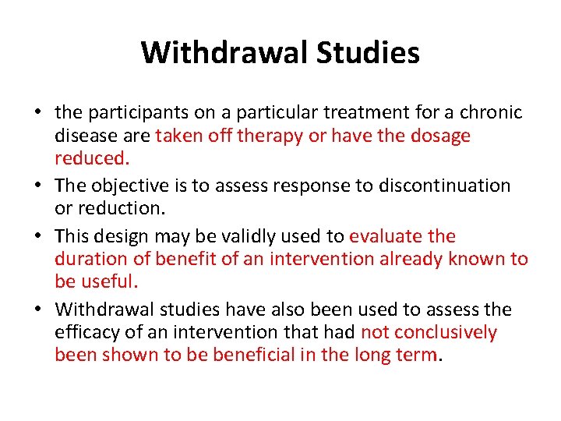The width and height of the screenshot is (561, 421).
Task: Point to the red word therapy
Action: click(268, 136)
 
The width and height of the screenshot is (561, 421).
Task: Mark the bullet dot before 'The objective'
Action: click(37, 186)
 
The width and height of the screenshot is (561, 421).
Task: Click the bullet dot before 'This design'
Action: click(37, 235)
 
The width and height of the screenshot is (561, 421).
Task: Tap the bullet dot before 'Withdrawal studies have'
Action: click(37, 310)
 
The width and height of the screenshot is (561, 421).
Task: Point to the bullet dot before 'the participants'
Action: click(37, 112)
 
